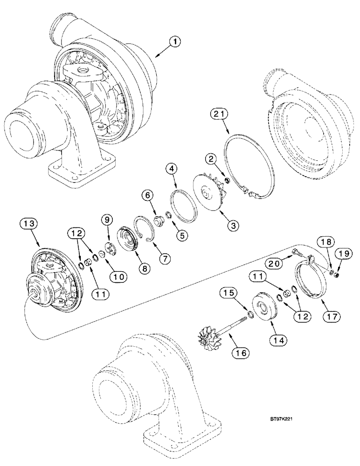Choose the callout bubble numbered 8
point(144,268)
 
